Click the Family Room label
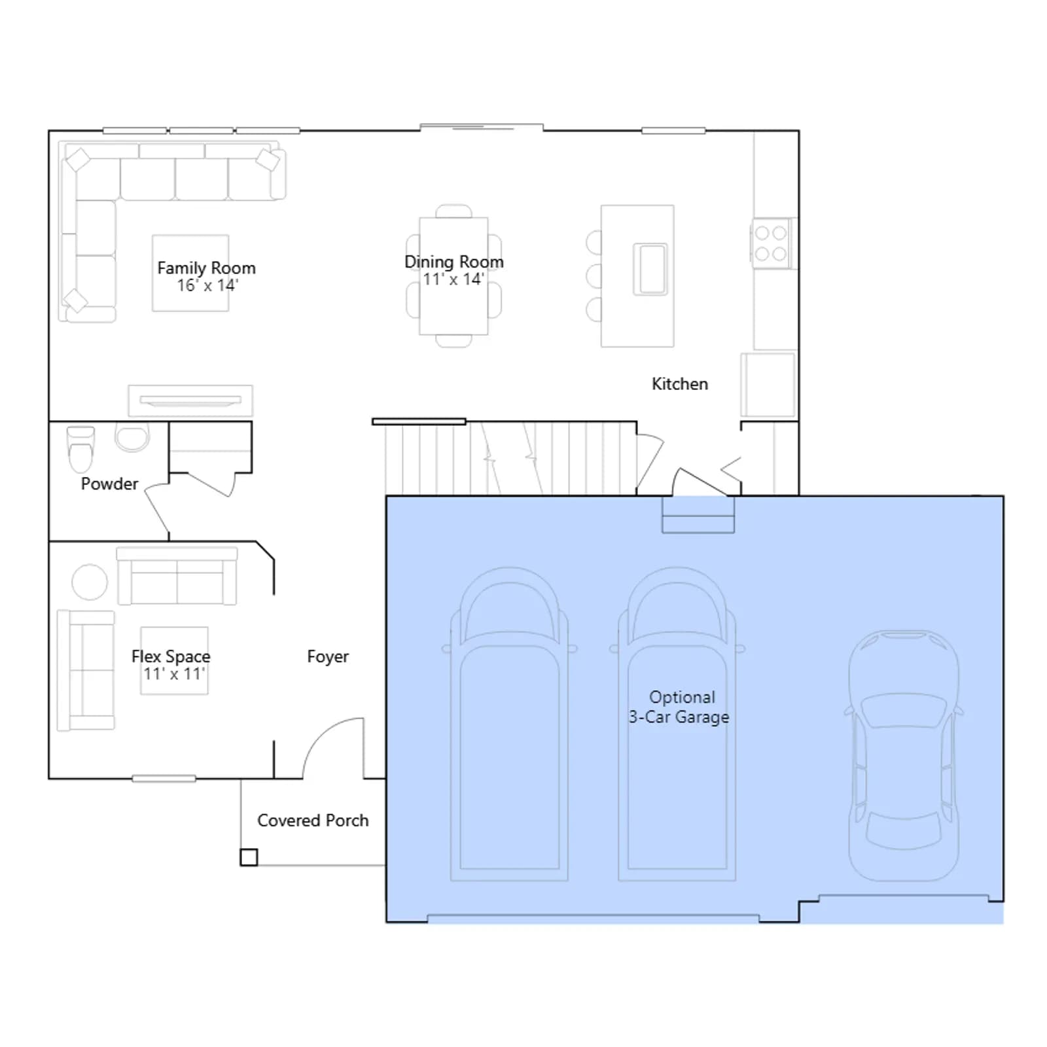(x=206, y=268)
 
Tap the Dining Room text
(x=454, y=262)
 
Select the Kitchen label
(x=680, y=383)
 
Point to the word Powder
(x=109, y=484)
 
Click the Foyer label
(x=328, y=656)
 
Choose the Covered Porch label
(x=313, y=820)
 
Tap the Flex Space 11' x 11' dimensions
(x=174, y=674)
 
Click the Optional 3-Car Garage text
(x=679, y=707)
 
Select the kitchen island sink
(x=650, y=269)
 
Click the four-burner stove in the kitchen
(x=771, y=243)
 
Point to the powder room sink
(x=132, y=437)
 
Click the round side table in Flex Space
(x=90, y=582)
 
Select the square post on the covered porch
(x=249, y=857)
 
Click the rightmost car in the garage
(x=904, y=756)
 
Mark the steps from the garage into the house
(x=698, y=515)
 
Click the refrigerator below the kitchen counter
(x=768, y=385)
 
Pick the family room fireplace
(x=190, y=400)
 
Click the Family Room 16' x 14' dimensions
(x=207, y=285)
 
